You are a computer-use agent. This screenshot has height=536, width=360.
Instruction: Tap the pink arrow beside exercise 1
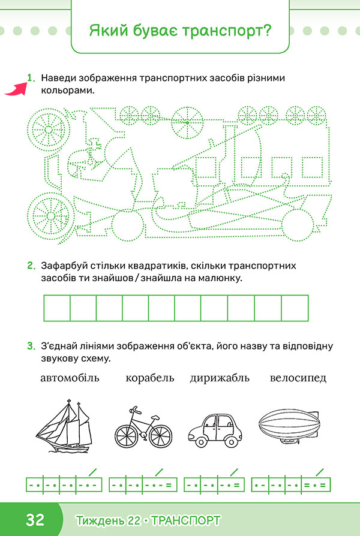click(16, 89)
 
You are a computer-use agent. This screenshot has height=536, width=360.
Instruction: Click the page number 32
click(35, 520)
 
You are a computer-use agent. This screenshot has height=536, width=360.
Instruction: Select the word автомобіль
click(70, 378)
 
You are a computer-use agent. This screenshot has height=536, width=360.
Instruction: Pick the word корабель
click(150, 378)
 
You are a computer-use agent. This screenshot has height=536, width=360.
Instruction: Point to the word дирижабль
click(220, 378)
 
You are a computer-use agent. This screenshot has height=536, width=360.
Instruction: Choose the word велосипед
click(298, 378)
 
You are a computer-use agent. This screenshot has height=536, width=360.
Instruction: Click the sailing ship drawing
click(64, 426)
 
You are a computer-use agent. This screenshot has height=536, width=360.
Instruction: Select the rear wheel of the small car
click(201, 442)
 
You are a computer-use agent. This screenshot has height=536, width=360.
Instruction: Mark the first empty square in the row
click(57, 308)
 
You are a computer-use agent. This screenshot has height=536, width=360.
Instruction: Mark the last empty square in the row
click(295, 308)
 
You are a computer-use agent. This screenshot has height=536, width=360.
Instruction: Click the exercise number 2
click(31, 266)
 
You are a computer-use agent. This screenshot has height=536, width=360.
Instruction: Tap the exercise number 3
click(31, 346)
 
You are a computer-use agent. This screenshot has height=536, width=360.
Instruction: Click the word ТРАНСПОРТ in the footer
click(186, 521)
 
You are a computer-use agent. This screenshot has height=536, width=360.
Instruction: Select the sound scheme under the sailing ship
click(64, 484)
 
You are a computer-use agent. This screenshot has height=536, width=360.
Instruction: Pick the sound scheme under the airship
click(291, 484)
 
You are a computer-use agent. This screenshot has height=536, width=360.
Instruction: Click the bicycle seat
click(155, 418)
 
